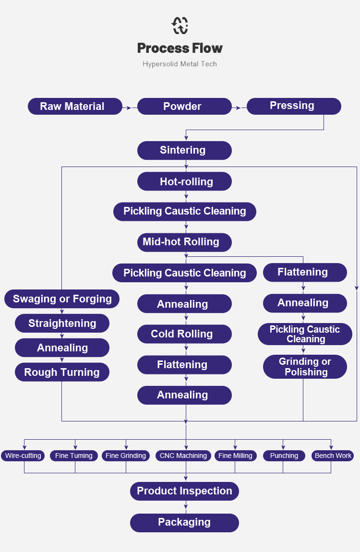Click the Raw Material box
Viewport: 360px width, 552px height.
click(75, 107)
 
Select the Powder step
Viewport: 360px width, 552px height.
click(184, 107)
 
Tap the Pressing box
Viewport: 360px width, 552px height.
click(294, 106)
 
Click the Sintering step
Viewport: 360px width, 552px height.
click(184, 150)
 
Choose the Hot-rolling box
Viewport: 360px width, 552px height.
click(184, 182)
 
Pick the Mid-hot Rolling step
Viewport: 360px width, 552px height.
click(184, 242)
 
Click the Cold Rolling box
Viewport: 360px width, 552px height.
click(184, 334)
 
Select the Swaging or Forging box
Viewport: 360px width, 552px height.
click(62, 299)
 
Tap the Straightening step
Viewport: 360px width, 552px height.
click(62, 324)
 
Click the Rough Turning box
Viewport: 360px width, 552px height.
click(62, 372)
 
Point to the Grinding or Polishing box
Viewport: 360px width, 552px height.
click(305, 367)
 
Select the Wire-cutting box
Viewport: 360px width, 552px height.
click(24, 456)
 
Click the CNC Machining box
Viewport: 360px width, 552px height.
click(183, 456)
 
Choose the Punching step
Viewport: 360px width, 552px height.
click(284, 456)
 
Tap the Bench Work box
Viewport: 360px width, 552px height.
click(333, 456)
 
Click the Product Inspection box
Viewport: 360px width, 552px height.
click(184, 491)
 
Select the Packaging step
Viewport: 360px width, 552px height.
click(184, 523)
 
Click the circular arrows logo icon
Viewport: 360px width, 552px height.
click(180, 26)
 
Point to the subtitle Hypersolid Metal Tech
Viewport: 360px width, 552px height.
click(180, 64)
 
